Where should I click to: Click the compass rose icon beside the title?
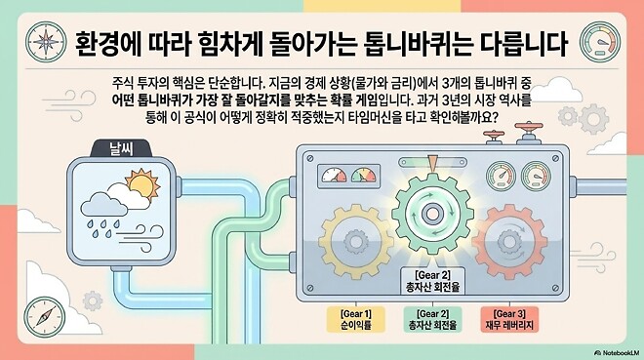(43, 42)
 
